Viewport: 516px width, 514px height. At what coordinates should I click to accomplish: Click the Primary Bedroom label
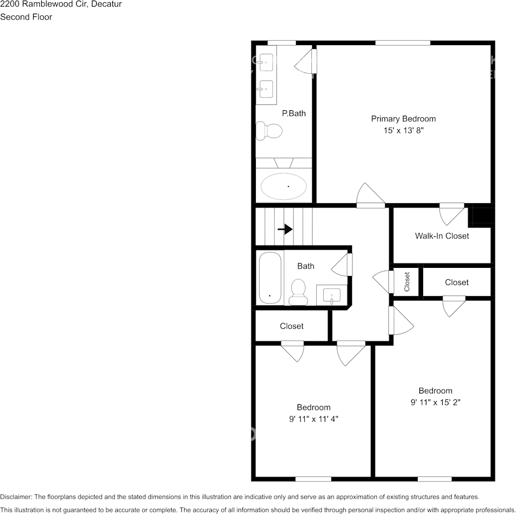pyautogui.click(x=403, y=118)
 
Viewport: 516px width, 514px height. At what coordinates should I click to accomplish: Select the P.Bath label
pyautogui.click(x=293, y=114)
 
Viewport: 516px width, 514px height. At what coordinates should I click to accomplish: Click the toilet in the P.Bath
pyautogui.click(x=269, y=130)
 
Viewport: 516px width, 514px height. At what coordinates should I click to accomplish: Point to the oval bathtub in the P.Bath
pyautogui.click(x=283, y=186)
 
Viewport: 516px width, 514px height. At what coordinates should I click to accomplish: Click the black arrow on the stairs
pyautogui.click(x=285, y=229)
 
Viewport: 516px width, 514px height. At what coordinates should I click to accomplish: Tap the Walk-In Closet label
pyautogui.click(x=442, y=236)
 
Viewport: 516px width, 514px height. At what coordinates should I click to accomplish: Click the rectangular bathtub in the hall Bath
pyautogui.click(x=270, y=278)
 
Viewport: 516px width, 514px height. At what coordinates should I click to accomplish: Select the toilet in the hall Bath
pyautogui.click(x=299, y=292)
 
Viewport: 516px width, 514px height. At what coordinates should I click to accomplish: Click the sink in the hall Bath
pyautogui.click(x=331, y=296)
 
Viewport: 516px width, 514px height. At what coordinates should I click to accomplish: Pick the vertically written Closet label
pyautogui.click(x=407, y=281)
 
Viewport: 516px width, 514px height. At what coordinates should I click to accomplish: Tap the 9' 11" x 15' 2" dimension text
pyautogui.click(x=435, y=403)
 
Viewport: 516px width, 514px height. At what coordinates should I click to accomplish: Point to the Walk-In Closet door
pyautogui.click(x=452, y=214)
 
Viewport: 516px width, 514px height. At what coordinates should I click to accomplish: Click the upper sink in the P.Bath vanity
pyautogui.click(x=266, y=62)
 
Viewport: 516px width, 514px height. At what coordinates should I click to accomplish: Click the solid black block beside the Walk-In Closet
pyautogui.click(x=482, y=216)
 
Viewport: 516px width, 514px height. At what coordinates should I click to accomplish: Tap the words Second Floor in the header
pyautogui.click(x=26, y=17)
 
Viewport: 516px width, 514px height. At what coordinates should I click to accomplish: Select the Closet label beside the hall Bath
pyautogui.click(x=292, y=326)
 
